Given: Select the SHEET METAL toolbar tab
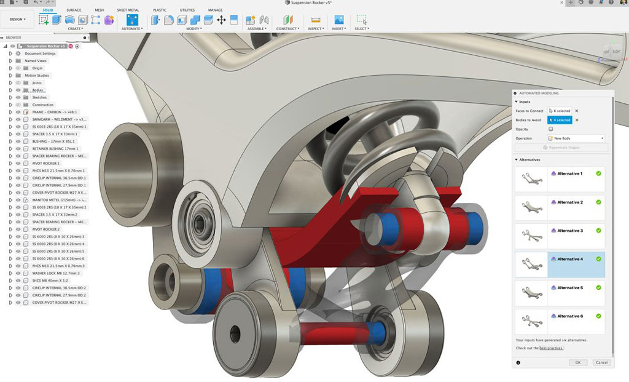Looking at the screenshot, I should pyautogui.click(x=128, y=10).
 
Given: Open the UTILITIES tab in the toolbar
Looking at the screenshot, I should pyautogui.click(x=187, y=10).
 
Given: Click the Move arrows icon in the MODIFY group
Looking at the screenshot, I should pyautogui.click(x=221, y=20).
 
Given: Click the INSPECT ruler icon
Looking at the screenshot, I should pyautogui.click(x=315, y=20).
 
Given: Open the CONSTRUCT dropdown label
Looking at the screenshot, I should pyautogui.click(x=287, y=29).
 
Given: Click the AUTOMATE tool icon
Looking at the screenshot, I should pyautogui.click(x=132, y=20).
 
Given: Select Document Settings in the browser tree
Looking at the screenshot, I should pyautogui.click(x=40, y=54).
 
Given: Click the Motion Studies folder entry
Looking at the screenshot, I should pyautogui.click(x=37, y=76).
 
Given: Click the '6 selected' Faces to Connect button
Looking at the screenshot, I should pyautogui.click(x=560, y=111).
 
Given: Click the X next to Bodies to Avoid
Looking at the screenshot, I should pyautogui.click(x=577, y=120).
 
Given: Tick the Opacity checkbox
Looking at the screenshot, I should pyautogui.click(x=550, y=129).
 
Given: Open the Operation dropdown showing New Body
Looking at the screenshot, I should pyautogui.click(x=577, y=138).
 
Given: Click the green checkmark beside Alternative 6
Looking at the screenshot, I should pyautogui.click(x=598, y=316).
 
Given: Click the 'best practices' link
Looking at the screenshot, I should pyautogui.click(x=551, y=348).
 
